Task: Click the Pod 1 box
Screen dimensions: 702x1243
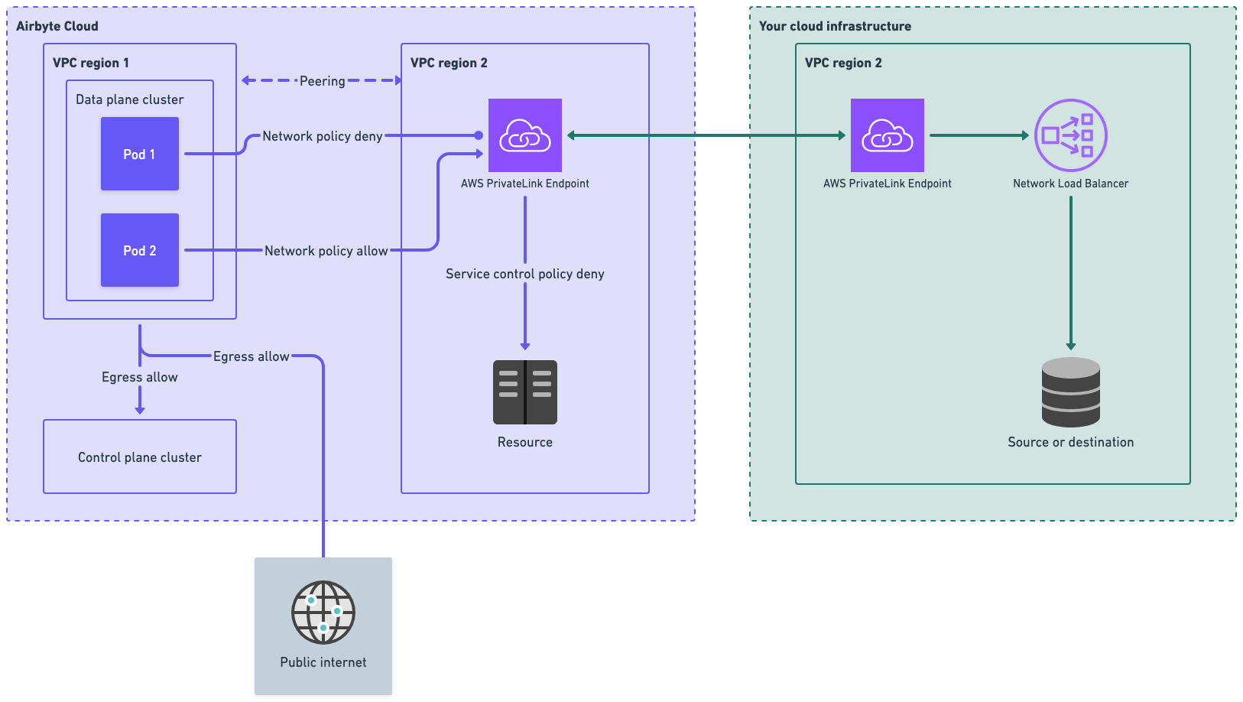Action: click(x=140, y=154)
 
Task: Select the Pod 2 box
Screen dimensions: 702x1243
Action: click(x=140, y=250)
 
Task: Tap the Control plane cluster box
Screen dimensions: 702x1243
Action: click(x=140, y=457)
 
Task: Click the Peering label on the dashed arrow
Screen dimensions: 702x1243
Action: click(x=322, y=81)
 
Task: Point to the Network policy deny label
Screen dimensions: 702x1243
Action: click(x=322, y=136)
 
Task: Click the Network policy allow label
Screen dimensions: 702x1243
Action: click(x=326, y=251)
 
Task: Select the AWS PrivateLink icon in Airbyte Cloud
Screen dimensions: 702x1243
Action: click(x=525, y=135)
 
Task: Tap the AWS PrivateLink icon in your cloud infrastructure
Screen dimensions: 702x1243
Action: click(x=888, y=135)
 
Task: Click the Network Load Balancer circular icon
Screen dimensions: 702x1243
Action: click(x=1070, y=135)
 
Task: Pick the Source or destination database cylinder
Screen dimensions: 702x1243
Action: click(x=1070, y=392)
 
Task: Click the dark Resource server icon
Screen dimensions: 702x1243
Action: click(x=525, y=392)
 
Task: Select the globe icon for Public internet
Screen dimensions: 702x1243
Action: click(x=323, y=612)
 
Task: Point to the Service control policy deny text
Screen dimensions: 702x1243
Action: click(x=525, y=274)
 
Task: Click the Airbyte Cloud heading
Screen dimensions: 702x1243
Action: click(x=57, y=26)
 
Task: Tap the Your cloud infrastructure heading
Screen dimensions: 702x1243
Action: click(x=835, y=26)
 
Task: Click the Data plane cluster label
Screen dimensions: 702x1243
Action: click(x=129, y=99)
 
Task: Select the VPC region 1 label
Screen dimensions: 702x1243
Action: click(x=90, y=63)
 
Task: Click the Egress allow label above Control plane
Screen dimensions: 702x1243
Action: click(x=140, y=377)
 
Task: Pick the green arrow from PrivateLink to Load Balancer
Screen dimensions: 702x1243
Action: click(x=978, y=135)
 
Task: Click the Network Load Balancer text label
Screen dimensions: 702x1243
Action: click(x=1070, y=184)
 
